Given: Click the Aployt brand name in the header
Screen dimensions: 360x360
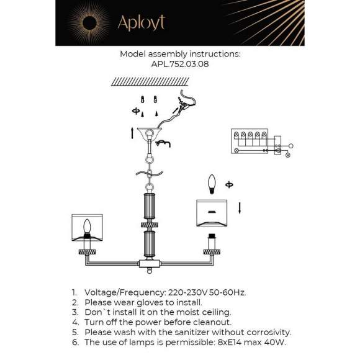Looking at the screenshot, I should tap(141, 24).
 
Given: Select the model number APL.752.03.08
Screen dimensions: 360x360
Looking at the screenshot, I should tap(179, 63).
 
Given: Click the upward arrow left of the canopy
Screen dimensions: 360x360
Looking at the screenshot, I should tap(132, 132).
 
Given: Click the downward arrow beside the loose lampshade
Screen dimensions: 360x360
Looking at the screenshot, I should tap(240, 205).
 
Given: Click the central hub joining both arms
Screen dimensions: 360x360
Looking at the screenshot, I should tap(150, 264).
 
